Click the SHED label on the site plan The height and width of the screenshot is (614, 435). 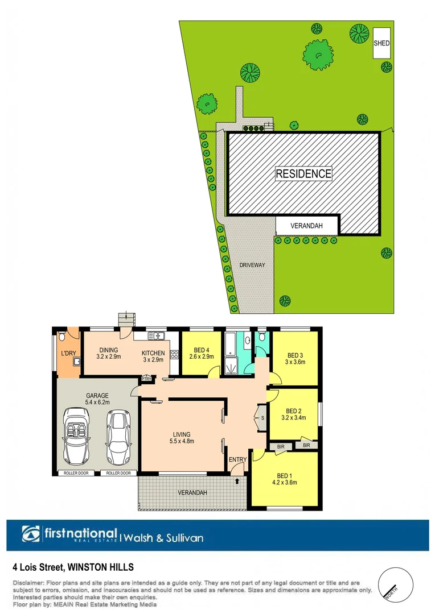click(381, 43)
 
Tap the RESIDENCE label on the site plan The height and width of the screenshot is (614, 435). click(303, 174)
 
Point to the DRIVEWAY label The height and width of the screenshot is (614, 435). click(252, 265)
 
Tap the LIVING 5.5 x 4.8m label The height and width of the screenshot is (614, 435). click(179, 438)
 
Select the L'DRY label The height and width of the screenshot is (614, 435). click(68, 354)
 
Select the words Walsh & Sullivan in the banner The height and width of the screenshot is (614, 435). click(163, 537)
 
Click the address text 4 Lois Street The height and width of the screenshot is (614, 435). click(39, 567)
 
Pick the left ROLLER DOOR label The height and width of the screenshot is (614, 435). click(75, 473)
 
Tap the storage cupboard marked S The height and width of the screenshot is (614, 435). click(262, 418)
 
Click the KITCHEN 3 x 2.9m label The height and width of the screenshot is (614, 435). click(153, 356)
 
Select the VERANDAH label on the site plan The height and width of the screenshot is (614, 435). click(306, 226)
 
